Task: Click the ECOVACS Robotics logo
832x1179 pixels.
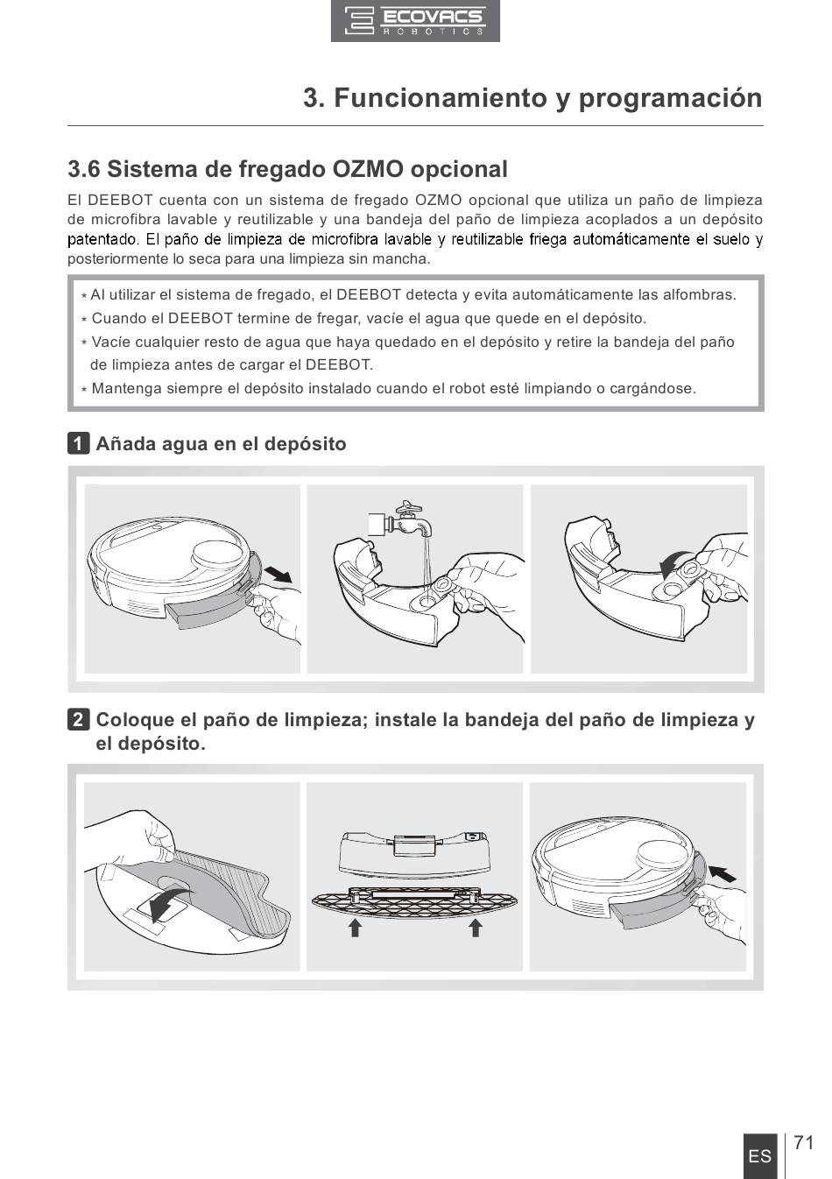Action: coord(415,21)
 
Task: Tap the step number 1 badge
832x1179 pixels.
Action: coord(79,443)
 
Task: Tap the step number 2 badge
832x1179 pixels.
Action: coord(79,719)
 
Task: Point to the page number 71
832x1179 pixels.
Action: coord(804,1143)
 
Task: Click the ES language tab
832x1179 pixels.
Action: coord(760,1156)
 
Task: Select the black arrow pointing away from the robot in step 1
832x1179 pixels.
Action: coord(278,574)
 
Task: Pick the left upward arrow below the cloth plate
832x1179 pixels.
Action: coord(356,928)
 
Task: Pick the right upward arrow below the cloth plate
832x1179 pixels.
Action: coord(476,928)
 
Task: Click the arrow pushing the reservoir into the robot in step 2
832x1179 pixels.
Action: coord(722,873)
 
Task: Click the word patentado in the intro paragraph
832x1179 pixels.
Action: coord(102,239)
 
